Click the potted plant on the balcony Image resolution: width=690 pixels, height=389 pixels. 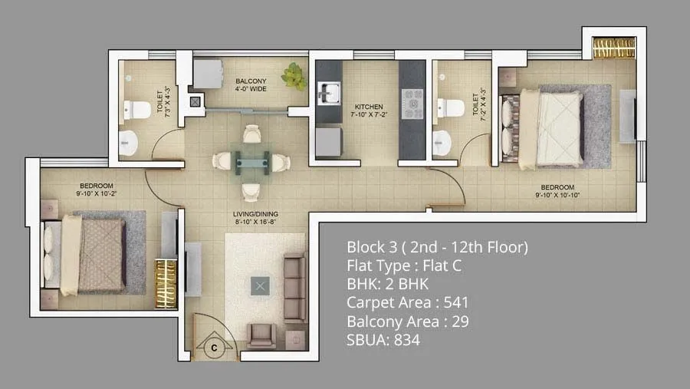coord(293,77)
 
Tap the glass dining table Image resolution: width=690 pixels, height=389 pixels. coord(251,160)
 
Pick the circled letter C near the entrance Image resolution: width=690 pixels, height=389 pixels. coord(215,348)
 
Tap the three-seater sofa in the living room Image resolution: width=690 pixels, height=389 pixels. coord(293,288)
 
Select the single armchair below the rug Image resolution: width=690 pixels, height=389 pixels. coord(262,335)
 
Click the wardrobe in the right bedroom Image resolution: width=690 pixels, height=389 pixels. coord(615,48)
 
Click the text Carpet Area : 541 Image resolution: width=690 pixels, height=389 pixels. coord(407,302)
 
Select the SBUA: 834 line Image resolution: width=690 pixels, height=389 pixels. coord(383,340)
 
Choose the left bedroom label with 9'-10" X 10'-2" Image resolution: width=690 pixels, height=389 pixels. coord(97,190)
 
